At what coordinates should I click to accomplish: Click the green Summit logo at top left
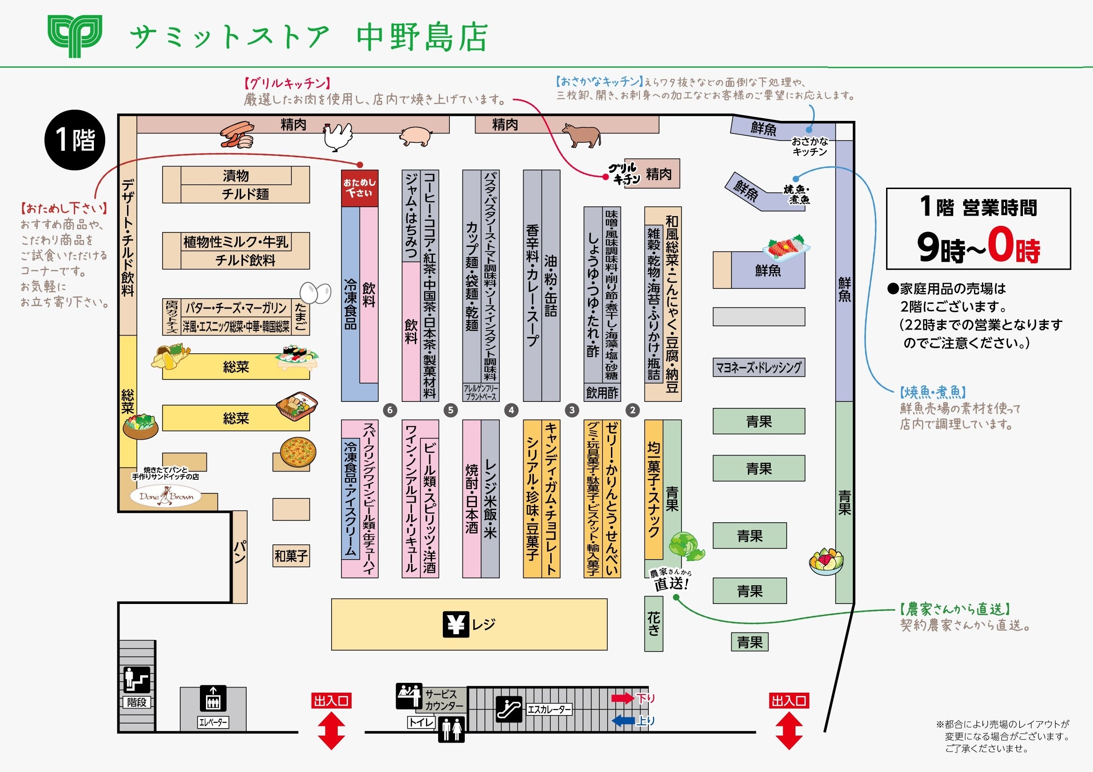pyautogui.click(x=75, y=35)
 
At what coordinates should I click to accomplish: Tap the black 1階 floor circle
pyautogui.click(x=75, y=140)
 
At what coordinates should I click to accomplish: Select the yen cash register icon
pyautogui.click(x=455, y=624)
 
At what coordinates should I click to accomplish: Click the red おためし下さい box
pyautogui.click(x=359, y=188)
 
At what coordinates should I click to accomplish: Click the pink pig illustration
pyautogui.click(x=415, y=135)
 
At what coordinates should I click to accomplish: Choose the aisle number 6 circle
pyautogui.click(x=390, y=410)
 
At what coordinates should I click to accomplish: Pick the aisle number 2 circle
pyautogui.click(x=632, y=410)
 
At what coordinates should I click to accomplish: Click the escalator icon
pyautogui.click(x=508, y=709)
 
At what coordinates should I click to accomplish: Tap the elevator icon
pyautogui.click(x=213, y=698)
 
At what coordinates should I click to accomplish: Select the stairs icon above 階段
pyautogui.click(x=136, y=679)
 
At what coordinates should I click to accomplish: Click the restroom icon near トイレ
pyautogui.click(x=451, y=729)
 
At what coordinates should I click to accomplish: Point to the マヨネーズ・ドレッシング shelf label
pyautogui.click(x=759, y=368)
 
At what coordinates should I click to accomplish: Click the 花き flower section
pyautogui.click(x=653, y=624)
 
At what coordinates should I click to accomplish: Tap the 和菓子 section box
pyautogui.click(x=291, y=555)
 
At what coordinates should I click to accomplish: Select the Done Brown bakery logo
pyautogui.click(x=166, y=496)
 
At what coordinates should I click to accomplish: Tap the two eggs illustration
pyautogui.click(x=315, y=293)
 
